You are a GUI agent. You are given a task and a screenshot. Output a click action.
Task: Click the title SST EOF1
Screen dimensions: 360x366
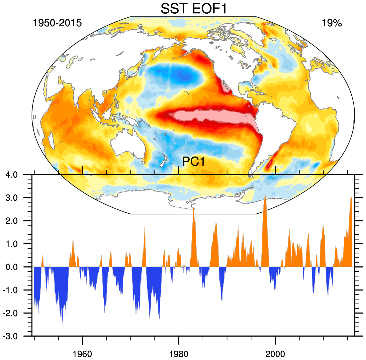tap(194, 8)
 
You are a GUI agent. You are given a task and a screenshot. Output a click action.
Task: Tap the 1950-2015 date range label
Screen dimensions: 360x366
tap(57, 23)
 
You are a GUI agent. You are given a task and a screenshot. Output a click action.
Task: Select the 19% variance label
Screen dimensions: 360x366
tap(331, 23)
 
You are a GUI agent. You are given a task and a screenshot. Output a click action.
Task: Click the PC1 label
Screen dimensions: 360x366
tap(193, 162)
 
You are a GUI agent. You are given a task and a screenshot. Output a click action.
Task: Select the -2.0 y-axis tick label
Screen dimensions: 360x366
tap(15, 313)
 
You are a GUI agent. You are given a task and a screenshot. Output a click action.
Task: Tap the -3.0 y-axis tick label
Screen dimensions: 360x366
tap(15, 336)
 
